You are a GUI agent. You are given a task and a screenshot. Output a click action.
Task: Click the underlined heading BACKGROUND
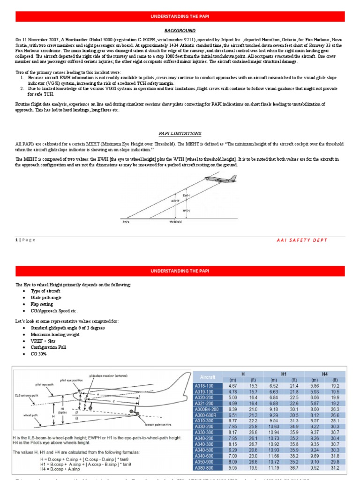pos(180,30)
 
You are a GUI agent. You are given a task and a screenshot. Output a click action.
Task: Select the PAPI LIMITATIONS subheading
pos(180,133)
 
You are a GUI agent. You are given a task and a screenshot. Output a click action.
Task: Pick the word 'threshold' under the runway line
pos(175,222)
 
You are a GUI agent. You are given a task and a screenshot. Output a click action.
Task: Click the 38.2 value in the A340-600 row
pos(294,455)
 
